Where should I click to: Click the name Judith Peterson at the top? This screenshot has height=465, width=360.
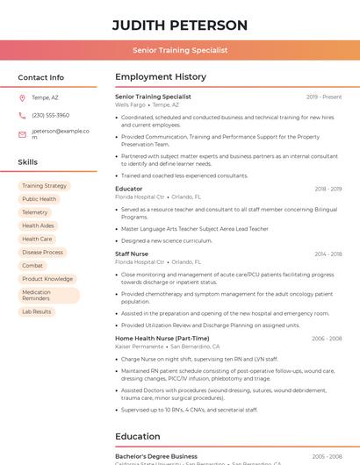point(180,25)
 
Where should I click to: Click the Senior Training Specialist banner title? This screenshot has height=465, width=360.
point(180,50)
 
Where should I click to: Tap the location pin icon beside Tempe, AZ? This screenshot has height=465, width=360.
point(22,97)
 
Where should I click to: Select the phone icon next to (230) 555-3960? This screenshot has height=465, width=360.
point(22,115)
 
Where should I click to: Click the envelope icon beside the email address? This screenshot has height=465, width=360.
point(22,134)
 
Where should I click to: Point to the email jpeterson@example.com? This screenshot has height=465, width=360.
point(61,133)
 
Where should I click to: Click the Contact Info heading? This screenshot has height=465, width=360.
point(40,77)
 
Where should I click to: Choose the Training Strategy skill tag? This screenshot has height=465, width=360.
point(44,186)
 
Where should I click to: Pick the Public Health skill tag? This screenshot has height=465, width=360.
point(39,199)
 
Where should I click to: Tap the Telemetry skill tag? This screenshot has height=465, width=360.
point(34,212)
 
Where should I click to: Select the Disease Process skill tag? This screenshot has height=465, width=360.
point(42,252)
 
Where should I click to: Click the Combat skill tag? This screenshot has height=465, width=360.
point(32,265)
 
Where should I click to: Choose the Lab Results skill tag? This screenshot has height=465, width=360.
point(37,311)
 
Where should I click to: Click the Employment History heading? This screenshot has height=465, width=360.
point(160,77)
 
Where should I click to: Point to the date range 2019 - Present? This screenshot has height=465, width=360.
point(324,97)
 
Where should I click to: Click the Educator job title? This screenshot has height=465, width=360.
point(128,189)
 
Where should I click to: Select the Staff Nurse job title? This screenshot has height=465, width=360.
point(132,254)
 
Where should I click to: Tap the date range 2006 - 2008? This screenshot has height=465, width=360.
point(327,338)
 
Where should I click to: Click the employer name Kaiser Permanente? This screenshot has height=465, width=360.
point(139,347)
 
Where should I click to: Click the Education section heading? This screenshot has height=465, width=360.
point(137,436)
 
